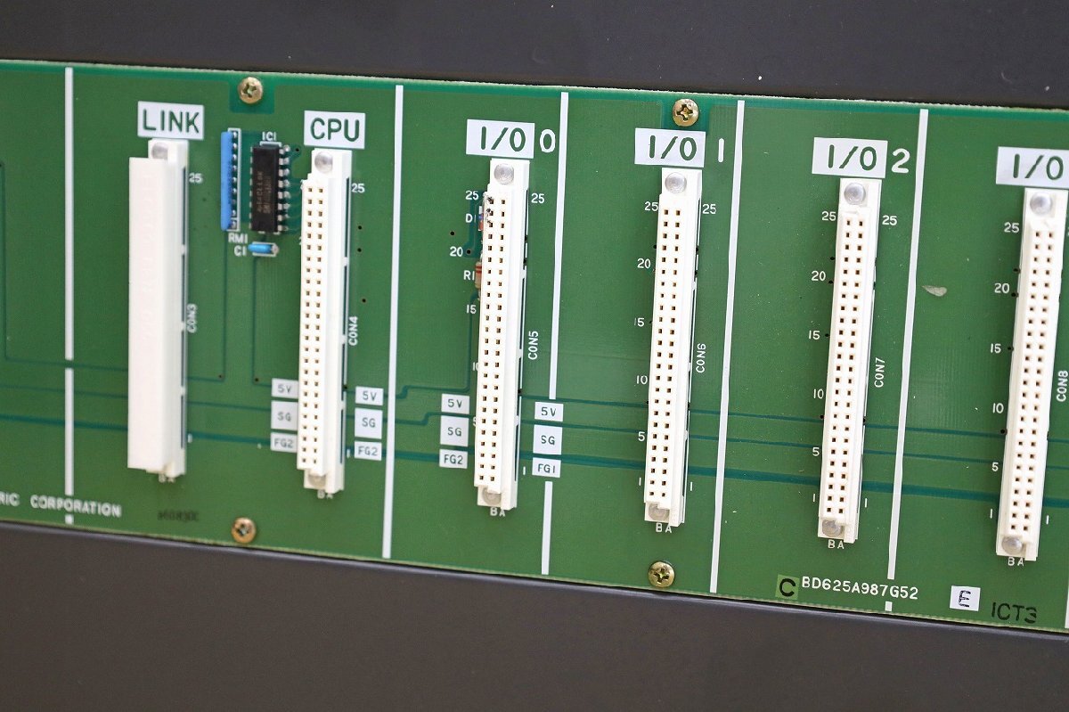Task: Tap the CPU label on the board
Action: (x=334, y=130)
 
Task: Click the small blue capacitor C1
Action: (x=263, y=250)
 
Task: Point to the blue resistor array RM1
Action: (x=231, y=179)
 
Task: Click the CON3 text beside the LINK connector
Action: (x=192, y=316)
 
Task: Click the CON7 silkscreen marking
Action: (x=879, y=372)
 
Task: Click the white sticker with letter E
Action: (x=964, y=598)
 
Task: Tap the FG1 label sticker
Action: (x=547, y=468)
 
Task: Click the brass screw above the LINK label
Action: (x=250, y=89)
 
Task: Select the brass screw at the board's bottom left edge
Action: (x=243, y=529)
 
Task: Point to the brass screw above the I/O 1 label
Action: (x=684, y=111)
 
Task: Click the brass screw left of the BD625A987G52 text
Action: (x=661, y=574)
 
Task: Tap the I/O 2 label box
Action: (x=849, y=158)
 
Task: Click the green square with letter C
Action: (x=787, y=586)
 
